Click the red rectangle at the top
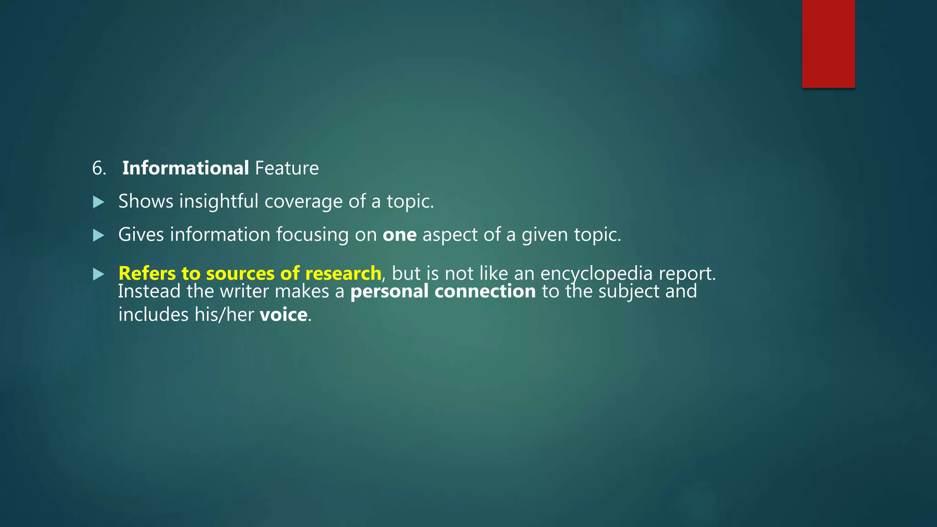tap(828, 44)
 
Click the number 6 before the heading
tap(98, 168)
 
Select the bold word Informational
tap(185, 168)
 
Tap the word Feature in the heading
tap(287, 168)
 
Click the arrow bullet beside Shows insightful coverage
tap(98, 202)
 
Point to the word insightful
tap(219, 201)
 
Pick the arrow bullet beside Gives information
tap(98, 235)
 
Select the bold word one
tap(399, 235)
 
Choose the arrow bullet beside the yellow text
tap(98, 274)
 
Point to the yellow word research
tap(343, 273)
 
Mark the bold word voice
tap(283, 315)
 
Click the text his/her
tap(224, 315)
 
